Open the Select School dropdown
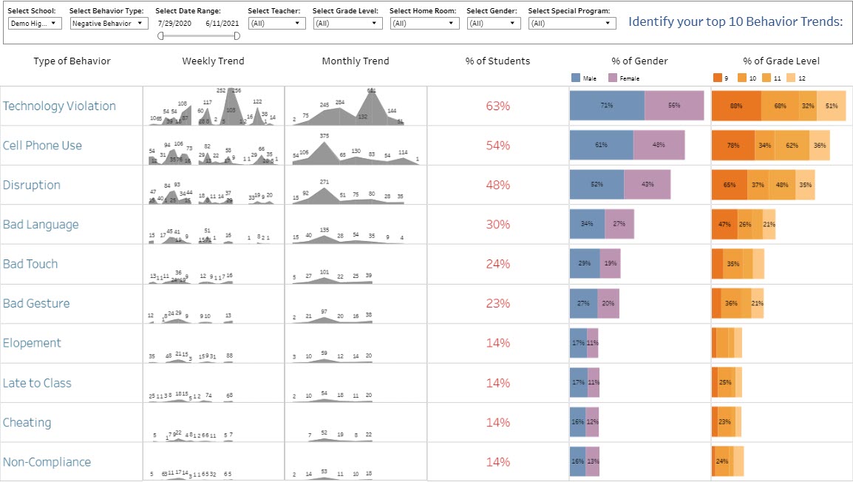(35, 24)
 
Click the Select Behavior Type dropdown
(109, 24)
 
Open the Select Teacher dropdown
(276, 24)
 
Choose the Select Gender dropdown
(493, 24)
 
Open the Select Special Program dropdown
(572, 24)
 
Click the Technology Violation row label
(59, 106)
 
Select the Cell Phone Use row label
(42, 146)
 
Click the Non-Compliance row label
(47, 462)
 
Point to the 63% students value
(497, 106)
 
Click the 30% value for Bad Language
(497, 225)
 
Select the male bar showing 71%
(607, 106)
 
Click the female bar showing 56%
(674, 106)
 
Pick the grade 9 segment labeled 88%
(736, 106)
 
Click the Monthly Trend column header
(355, 61)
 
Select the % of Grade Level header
(781, 61)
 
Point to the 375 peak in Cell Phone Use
(324, 136)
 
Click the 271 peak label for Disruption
(324, 182)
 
